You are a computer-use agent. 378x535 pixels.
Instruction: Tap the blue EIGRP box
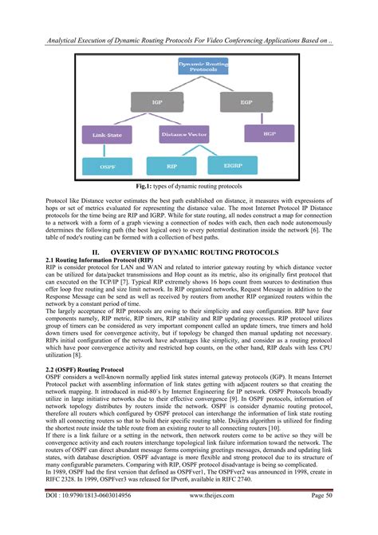[x=233, y=165]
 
